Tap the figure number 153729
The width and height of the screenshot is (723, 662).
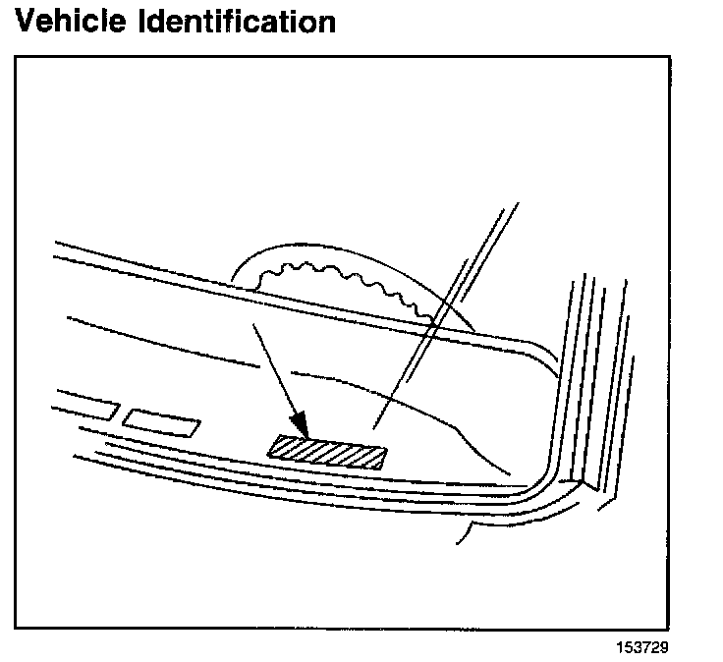click(645, 648)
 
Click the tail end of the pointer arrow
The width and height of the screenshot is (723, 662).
click(254, 325)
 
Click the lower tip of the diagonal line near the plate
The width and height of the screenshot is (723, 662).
click(374, 427)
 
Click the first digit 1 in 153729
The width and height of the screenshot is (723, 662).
click(619, 648)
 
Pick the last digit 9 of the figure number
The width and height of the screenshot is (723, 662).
click(672, 648)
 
